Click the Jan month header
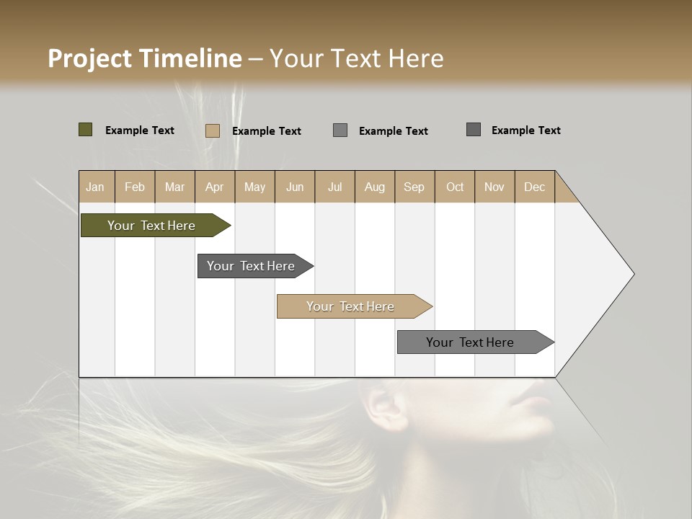95,187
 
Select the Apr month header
214,187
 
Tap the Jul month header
334,187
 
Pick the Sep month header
414,187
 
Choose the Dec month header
534,187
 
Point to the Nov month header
494,187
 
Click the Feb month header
135,187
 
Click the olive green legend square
85,130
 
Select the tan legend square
212,130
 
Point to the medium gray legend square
340,130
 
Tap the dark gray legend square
473,130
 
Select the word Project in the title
89,58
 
